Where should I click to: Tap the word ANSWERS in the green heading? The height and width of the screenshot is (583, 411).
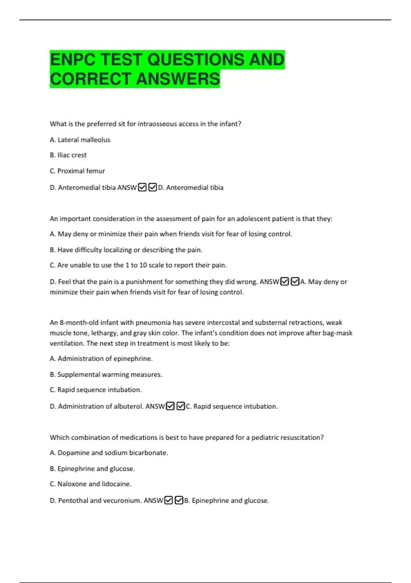coord(178,79)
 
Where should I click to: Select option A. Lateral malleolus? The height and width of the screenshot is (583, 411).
coord(80,140)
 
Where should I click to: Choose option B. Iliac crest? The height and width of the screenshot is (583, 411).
coord(68,155)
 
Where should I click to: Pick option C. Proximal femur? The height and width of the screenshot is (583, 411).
coord(77,171)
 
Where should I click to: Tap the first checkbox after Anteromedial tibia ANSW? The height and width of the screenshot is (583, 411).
coord(142,187)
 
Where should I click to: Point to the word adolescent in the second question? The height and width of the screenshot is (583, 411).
coord(253,219)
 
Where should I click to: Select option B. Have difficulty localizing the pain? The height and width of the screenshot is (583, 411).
coord(126,250)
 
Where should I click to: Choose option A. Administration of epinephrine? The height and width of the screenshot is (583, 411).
coord(101,359)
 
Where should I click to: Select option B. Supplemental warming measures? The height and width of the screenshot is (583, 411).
coord(106,374)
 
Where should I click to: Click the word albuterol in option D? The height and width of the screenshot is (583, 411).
coord(128,406)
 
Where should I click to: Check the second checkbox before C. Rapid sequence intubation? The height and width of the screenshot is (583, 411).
coord(180,406)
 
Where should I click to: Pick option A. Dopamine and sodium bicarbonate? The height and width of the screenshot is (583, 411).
coord(109,453)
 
